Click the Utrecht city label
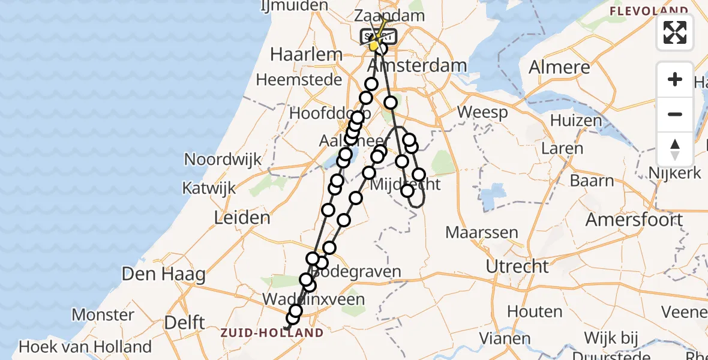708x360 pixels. (517, 266)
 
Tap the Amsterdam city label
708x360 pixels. (418, 65)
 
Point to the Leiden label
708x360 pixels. (242, 217)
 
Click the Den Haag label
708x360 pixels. (163, 275)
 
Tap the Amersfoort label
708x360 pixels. (634, 219)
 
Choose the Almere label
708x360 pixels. (559, 67)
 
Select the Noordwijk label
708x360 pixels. (223, 160)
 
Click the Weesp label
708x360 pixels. (482, 112)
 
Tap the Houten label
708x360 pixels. (535, 311)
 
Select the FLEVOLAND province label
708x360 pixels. (649, 11)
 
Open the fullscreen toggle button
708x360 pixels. (675, 32)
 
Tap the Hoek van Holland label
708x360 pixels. (85, 346)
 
